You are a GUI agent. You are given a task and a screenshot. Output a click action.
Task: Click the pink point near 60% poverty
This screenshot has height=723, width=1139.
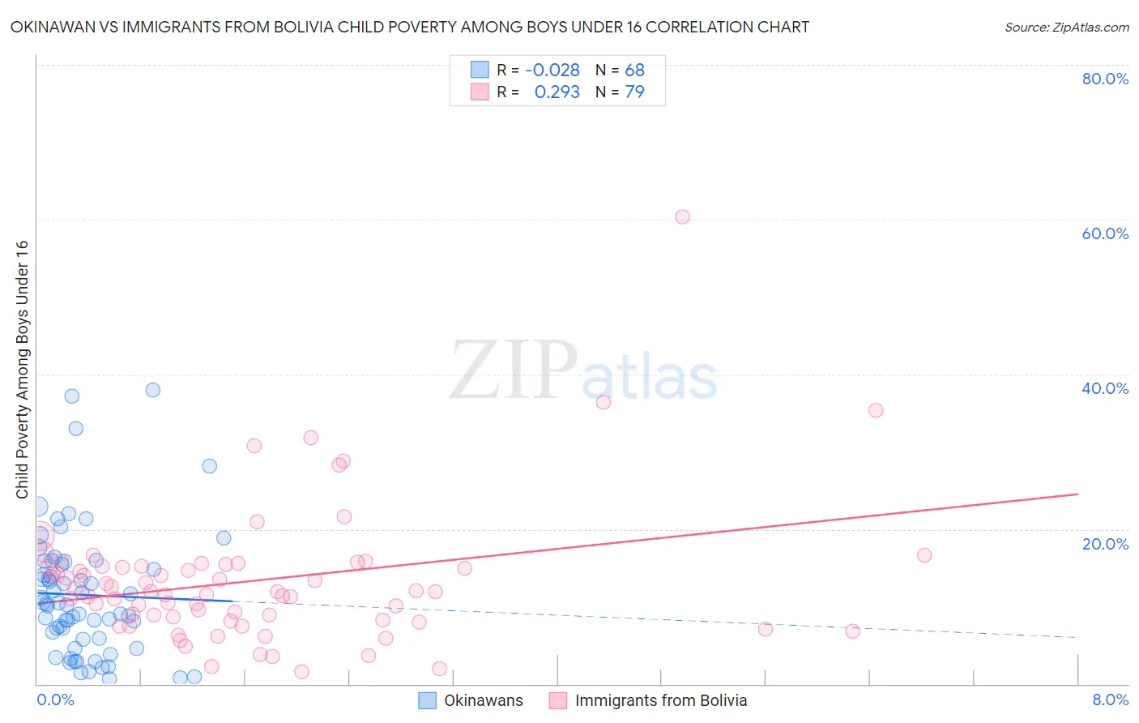click(682, 216)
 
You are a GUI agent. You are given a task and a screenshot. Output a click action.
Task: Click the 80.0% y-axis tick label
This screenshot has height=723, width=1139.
click(1105, 79)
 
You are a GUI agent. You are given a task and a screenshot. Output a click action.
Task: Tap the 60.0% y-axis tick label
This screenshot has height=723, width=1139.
click(1105, 233)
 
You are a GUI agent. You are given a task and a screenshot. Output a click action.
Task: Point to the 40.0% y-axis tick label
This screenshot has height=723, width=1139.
click(1105, 388)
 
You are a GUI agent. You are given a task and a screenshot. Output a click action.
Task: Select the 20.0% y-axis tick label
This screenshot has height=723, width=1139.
click(1105, 544)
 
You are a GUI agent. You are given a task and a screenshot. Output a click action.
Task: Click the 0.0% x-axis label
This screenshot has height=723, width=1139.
click(55, 699)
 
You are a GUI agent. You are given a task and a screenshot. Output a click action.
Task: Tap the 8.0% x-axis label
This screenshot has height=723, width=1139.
click(1110, 699)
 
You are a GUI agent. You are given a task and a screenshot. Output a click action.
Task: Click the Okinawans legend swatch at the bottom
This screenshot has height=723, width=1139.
click(427, 700)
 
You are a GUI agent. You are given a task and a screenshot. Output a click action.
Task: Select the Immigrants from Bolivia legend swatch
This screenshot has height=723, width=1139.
click(558, 700)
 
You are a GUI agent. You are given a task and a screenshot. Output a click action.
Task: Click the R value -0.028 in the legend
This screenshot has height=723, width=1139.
click(552, 71)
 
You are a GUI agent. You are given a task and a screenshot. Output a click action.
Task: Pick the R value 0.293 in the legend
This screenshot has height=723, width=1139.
click(557, 92)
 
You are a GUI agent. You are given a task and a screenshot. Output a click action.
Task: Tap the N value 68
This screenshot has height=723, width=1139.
click(634, 71)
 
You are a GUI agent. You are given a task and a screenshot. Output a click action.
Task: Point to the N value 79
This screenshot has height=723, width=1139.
click(634, 92)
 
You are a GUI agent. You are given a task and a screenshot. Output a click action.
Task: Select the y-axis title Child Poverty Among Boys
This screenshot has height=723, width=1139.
click(22, 370)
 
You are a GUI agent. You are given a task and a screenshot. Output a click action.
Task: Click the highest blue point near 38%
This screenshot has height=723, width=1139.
click(152, 390)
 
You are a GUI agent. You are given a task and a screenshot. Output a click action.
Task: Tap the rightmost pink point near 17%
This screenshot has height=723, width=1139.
click(924, 555)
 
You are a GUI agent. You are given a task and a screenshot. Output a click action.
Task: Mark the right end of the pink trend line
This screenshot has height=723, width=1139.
click(1077, 494)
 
